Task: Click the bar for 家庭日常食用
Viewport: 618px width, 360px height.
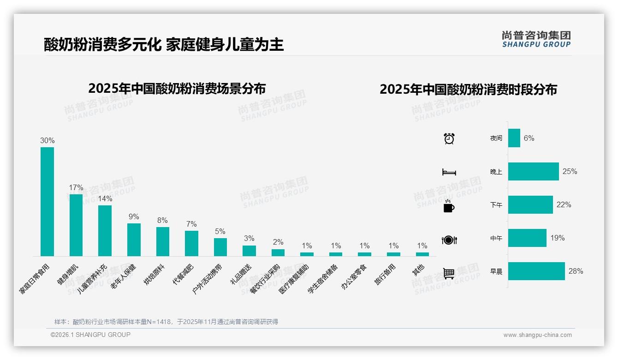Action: tap(47, 202)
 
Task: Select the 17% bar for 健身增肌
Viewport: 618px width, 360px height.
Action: tap(76, 225)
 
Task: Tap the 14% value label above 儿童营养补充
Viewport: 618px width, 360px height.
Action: tap(105, 199)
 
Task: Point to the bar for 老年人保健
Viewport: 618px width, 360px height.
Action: tap(134, 240)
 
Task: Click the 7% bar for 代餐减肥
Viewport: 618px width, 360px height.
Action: tap(191, 243)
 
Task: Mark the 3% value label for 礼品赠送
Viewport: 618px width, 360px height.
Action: tap(249, 239)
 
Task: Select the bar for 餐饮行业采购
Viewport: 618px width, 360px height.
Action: tap(278, 252)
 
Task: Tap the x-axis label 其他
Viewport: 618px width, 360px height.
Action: tap(418, 270)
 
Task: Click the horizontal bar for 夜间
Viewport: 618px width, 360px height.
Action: tap(514, 138)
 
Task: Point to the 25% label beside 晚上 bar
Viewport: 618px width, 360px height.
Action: tap(570, 171)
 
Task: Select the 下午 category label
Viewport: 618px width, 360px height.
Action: tap(496, 205)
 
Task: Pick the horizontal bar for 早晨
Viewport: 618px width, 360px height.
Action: tap(536, 271)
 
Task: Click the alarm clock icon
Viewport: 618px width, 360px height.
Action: tap(449, 138)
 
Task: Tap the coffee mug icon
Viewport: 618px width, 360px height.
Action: tap(449, 206)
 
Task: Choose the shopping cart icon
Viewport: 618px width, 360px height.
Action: tap(449, 273)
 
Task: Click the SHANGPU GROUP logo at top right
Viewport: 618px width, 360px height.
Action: tap(536, 39)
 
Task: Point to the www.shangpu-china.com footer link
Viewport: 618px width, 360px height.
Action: tap(537, 335)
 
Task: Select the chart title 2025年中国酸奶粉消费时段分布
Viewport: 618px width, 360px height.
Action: tap(468, 89)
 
